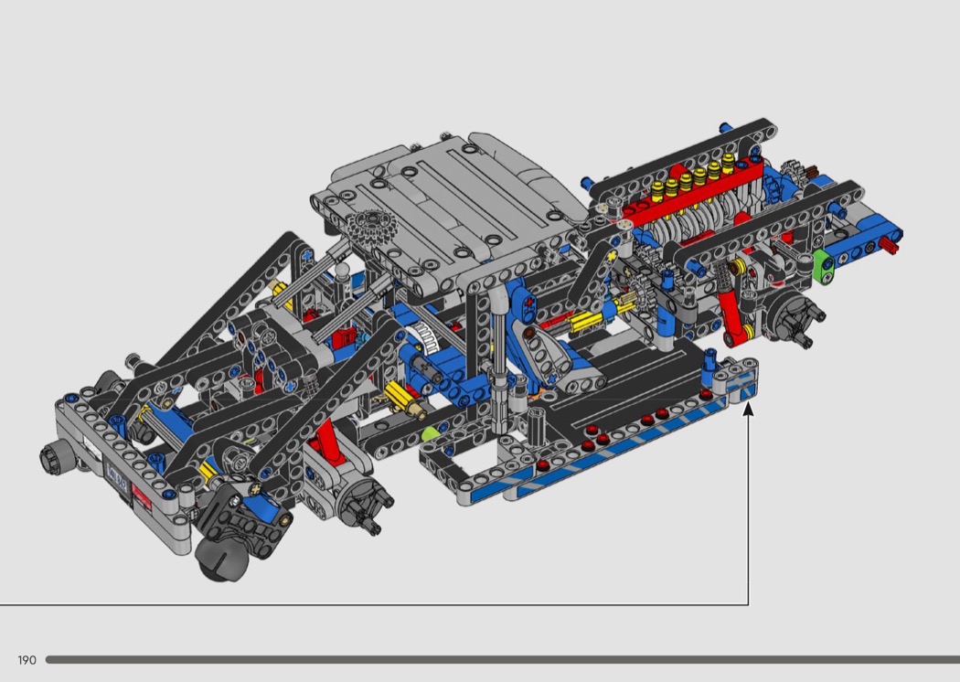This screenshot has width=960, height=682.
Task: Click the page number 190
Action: click(27, 660)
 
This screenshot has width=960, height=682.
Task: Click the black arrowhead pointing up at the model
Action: click(748, 409)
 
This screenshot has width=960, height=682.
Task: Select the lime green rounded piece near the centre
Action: click(431, 434)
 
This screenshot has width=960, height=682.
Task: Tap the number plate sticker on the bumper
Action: click(116, 472)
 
